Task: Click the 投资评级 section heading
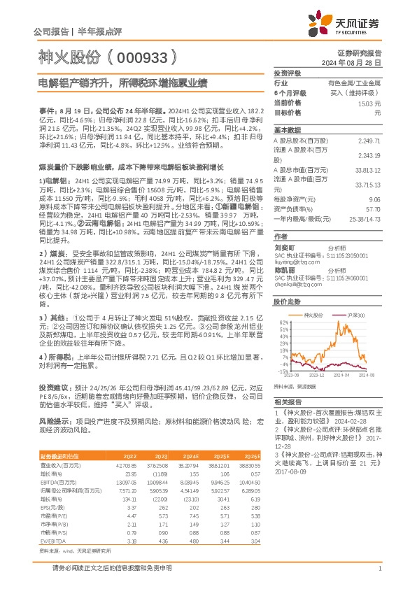(288, 73)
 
